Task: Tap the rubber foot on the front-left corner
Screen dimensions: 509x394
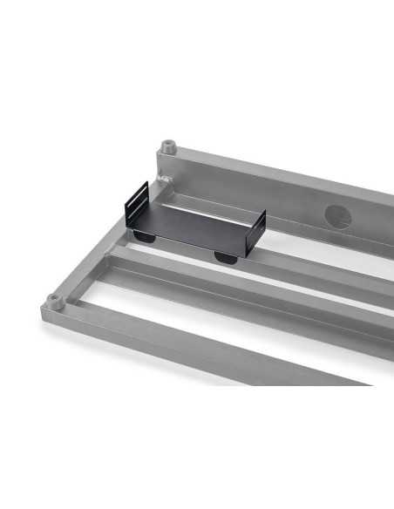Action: tap(54, 301)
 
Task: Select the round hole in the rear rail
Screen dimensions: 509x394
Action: tap(337, 215)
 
